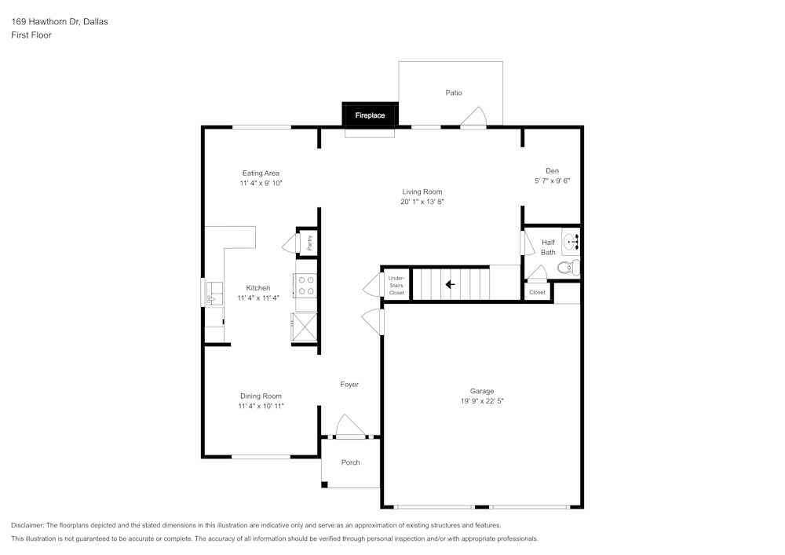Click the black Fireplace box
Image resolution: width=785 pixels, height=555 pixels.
tap(370, 115)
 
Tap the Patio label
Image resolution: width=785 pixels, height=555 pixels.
tap(454, 93)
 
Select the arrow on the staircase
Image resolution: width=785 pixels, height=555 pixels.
tap(451, 284)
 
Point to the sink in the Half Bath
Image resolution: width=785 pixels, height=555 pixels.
tap(571, 240)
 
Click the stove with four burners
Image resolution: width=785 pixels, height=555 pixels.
tap(305, 285)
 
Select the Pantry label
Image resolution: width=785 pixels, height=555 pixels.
tap(310, 243)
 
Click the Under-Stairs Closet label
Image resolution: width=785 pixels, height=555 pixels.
tap(396, 285)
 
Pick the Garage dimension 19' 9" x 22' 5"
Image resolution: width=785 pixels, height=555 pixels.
tap(482, 401)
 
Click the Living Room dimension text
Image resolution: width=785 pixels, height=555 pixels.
tap(422, 202)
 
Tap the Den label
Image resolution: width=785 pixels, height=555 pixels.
tap(552, 170)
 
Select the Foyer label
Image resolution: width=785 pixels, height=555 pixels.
tap(349, 384)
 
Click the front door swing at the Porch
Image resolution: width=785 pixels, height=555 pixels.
tap(349, 426)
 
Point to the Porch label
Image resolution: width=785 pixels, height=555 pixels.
tap(351, 462)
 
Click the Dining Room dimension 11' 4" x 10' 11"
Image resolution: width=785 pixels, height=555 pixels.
tap(261, 406)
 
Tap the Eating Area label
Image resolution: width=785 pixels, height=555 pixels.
tap(261, 173)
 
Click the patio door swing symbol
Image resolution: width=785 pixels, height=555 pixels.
tap(473, 118)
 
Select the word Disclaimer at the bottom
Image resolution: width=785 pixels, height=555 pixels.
tap(28, 525)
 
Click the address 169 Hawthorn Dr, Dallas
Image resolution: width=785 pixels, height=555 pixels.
tap(60, 22)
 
